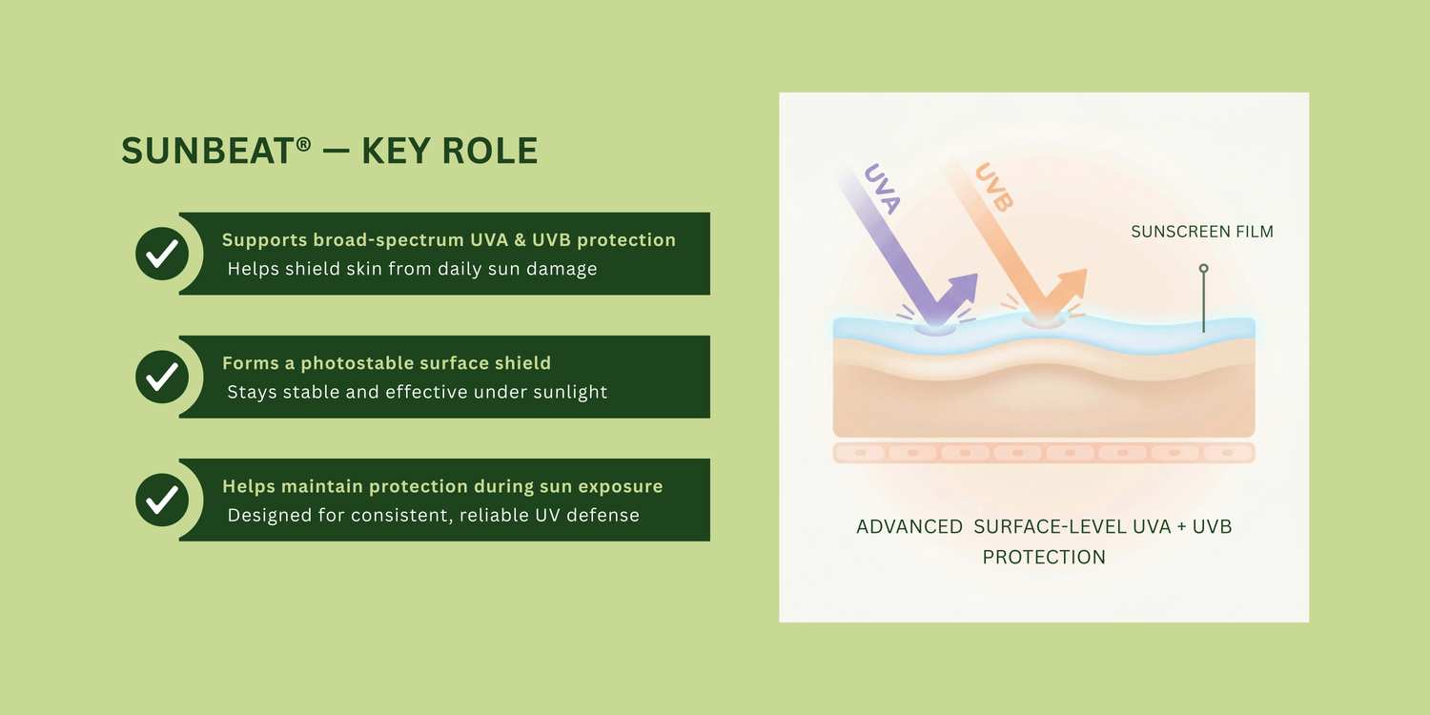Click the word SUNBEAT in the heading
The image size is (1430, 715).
pos(208,151)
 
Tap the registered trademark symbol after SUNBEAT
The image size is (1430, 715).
pos(304,144)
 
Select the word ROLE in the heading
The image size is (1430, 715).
pos(490,151)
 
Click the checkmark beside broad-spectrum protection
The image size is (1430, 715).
pos(162,254)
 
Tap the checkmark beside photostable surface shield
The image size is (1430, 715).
pos(162,377)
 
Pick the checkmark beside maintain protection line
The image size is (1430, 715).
pos(162,500)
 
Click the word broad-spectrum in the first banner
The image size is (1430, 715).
pos(388,240)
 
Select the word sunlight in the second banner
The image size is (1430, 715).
pos(570,392)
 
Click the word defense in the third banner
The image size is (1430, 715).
pos(603,515)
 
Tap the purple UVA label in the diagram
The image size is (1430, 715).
pos(882,189)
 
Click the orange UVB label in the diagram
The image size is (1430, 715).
pos(994,187)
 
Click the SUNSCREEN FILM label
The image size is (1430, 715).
pos(1202,232)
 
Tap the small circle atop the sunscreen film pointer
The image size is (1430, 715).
pos(1203,269)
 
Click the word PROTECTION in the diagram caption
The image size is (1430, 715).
pos(1044,558)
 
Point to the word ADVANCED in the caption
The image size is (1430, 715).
pos(909,526)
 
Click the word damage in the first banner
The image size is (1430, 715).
pos(563,270)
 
